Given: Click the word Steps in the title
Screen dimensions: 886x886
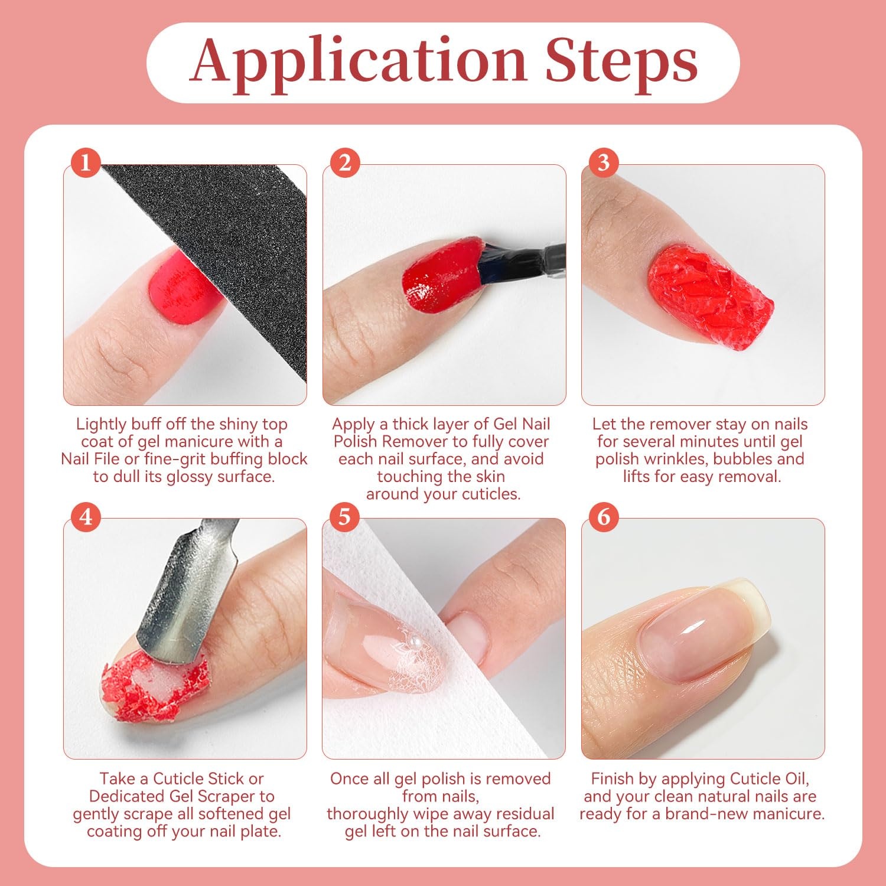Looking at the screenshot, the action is pyautogui.click(x=622, y=61).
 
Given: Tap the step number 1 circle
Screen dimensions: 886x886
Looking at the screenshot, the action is pyautogui.click(x=86, y=162).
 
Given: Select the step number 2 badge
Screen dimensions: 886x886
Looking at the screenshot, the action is pyautogui.click(x=345, y=162).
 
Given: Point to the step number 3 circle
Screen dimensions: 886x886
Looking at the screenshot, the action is pyautogui.click(x=604, y=162).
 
